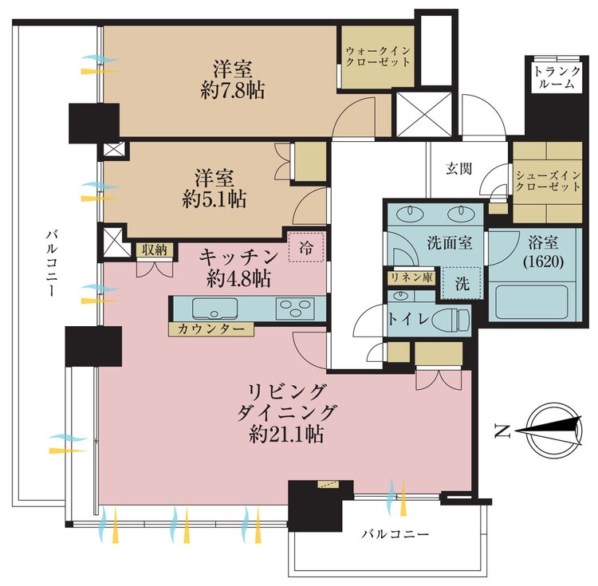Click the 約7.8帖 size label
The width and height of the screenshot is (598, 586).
point(232,91)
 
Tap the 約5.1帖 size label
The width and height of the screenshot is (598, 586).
point(214,199)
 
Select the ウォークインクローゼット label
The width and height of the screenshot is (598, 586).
point(378,57)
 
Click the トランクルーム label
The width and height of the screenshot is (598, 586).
point(557,78)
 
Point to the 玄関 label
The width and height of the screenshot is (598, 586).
point(458,168)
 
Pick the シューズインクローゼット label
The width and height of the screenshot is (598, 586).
point(548,181)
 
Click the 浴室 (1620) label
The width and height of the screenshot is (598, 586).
point(544,252)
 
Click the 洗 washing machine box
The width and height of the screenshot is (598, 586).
point(462,283)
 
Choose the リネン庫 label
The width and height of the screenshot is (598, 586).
point(412,277)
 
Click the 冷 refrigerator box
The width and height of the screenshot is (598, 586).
point(306,247)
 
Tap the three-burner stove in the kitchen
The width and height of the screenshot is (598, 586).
point(295,308)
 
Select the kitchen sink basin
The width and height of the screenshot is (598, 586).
point(215,309)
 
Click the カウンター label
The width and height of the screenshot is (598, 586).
point(211,329)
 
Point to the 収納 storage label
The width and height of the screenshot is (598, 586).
point(155,250)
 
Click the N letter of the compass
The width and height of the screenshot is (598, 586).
point(502,431)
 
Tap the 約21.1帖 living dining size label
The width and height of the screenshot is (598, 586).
point(287,434)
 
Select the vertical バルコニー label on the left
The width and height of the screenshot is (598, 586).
point(51,262)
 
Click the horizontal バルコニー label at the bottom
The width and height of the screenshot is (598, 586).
point(395,533)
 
